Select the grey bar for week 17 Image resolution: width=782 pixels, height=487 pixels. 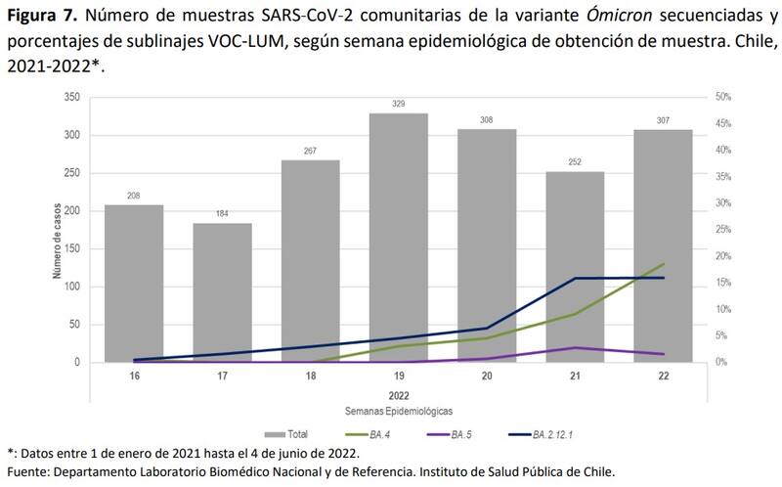pyautogui.click(x=222, y=292)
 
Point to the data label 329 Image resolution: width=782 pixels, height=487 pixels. pyautogui.click(x=398, y=104)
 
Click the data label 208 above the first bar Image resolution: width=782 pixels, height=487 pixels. pyautogui.click(x=134, y=196)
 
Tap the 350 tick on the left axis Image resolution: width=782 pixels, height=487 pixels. pyautogui.click(x=72, y=98)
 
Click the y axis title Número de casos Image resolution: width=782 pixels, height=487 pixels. pyautogui.click(x=57, y=231)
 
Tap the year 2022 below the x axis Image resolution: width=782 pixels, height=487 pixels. pyautogui.click(x=398, y=395)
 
